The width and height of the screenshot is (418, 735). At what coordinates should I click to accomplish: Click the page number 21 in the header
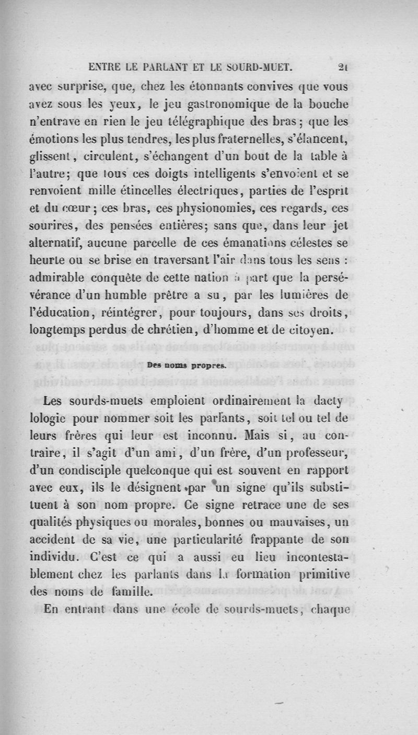343,67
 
